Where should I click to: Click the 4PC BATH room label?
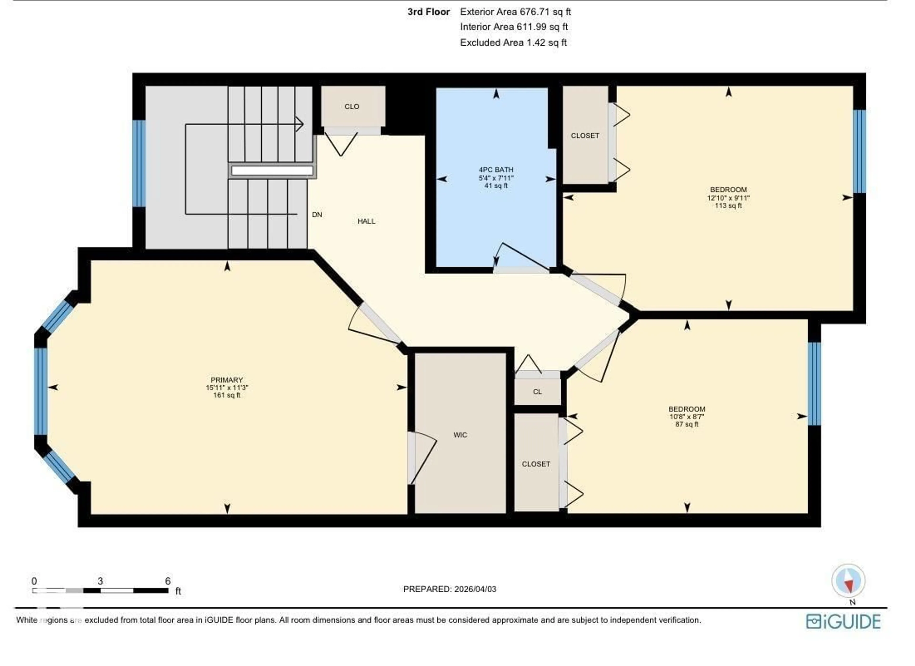(496, 170)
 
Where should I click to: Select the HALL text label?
(366, 221)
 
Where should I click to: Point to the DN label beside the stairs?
(317, 215)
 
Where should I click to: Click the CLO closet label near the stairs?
(352, 107)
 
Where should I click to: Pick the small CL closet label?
(537, 392)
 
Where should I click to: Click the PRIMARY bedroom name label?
(227, 380)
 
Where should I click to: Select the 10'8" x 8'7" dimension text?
(687, 417)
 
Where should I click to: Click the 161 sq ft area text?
(227, 395)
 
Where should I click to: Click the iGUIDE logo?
(843, 622)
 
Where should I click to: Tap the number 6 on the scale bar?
(168, 581)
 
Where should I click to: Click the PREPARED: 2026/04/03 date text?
(449, 589)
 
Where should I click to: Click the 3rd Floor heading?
(428, 12)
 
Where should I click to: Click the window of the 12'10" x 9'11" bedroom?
(859, 151)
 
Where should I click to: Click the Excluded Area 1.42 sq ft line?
(513, 42)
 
